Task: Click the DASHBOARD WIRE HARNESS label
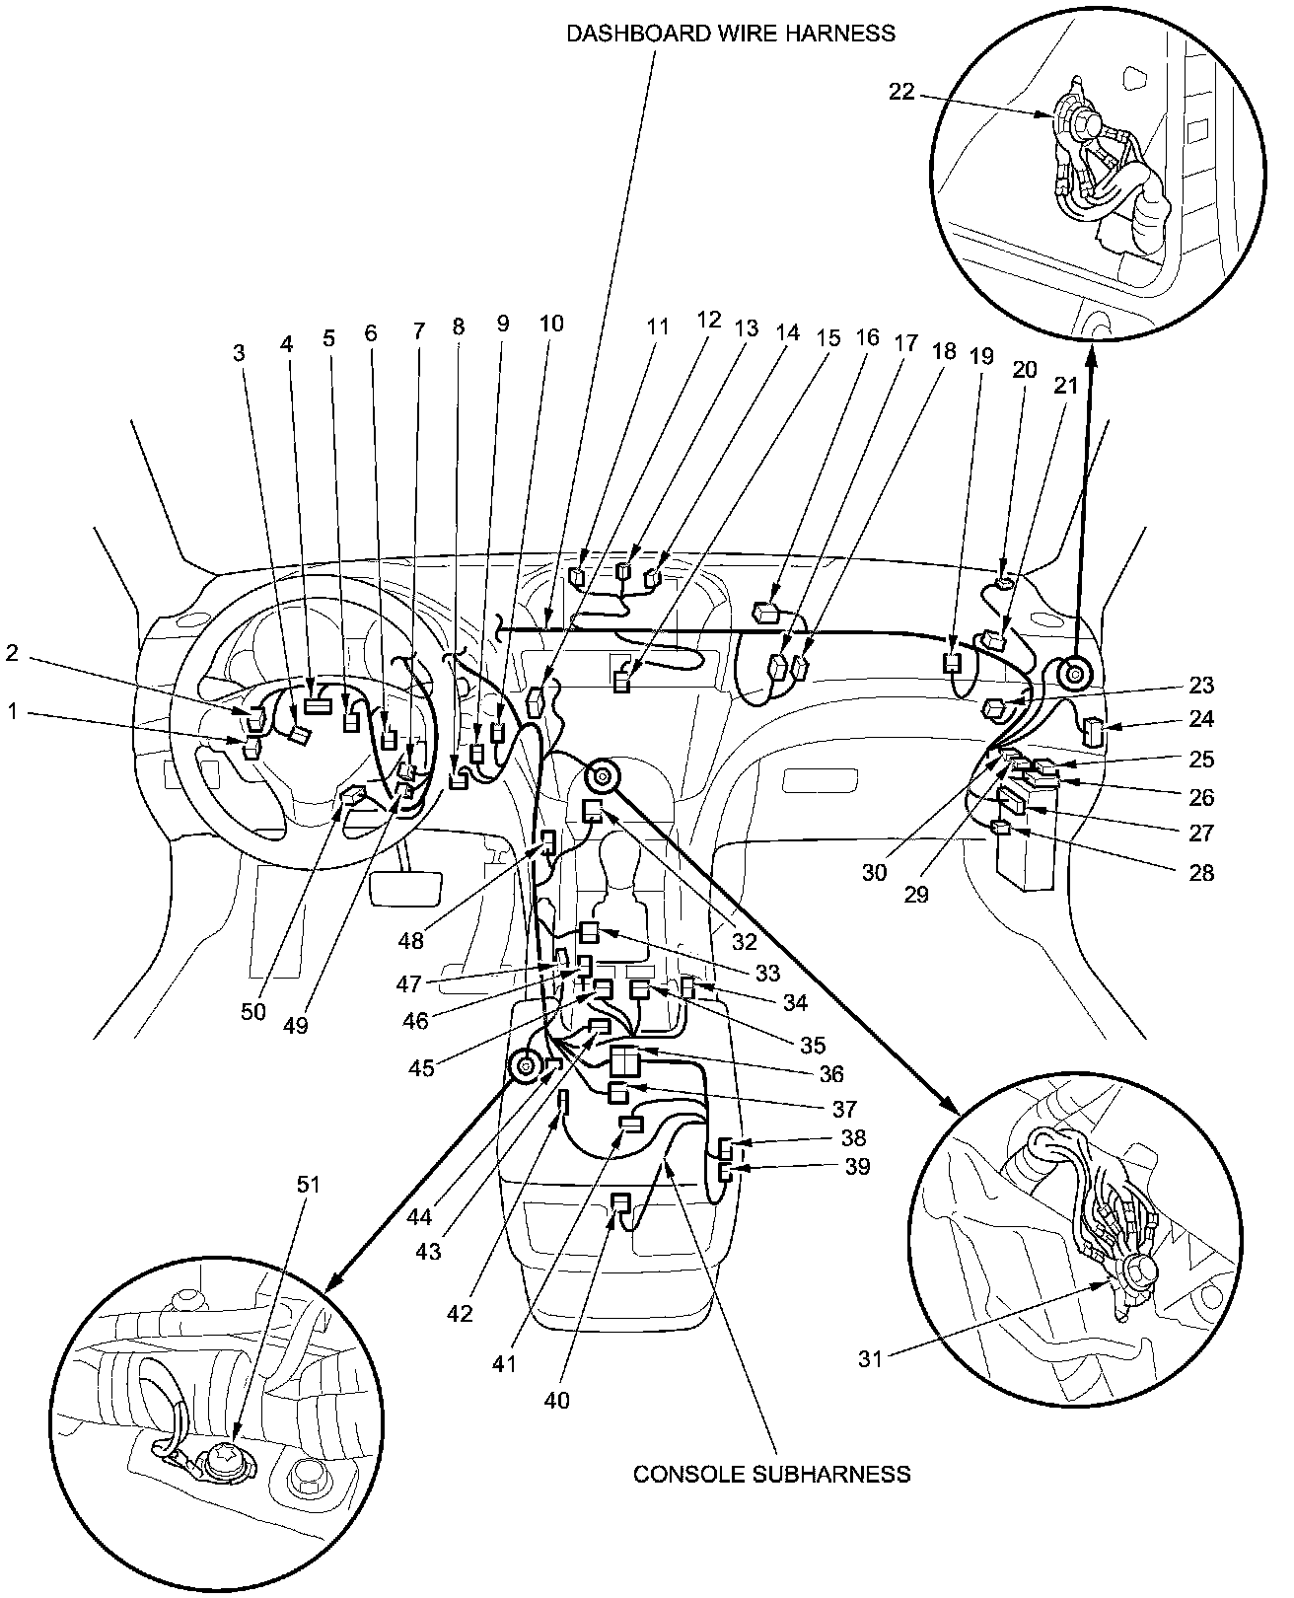pyautogui.click(x=730, y=33)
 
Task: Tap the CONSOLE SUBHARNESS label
pyautogui.click(x=771, y=1474)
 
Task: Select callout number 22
pyautogui.click(x=901, y=92)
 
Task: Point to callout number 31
pyautogui.click(x=869, y=1357)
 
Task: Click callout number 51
pyautogui.click(x=309, y=1185)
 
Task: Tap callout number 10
pyautogui.click(x=551, y=323)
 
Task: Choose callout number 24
pyautogui.click(x=1200, y=719)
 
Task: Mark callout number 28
pyautogui.click(x=1200, y=872)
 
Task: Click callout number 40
pyautogui.click(x=557, y=1400)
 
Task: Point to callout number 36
pyautogui.click(x=831, y=1073)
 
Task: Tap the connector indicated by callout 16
pyautogui.click(x=766, y=613)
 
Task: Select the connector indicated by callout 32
pyautogui.click(x=593, y=811)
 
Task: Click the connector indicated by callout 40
pyautogui.click(x=620, y=1202)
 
